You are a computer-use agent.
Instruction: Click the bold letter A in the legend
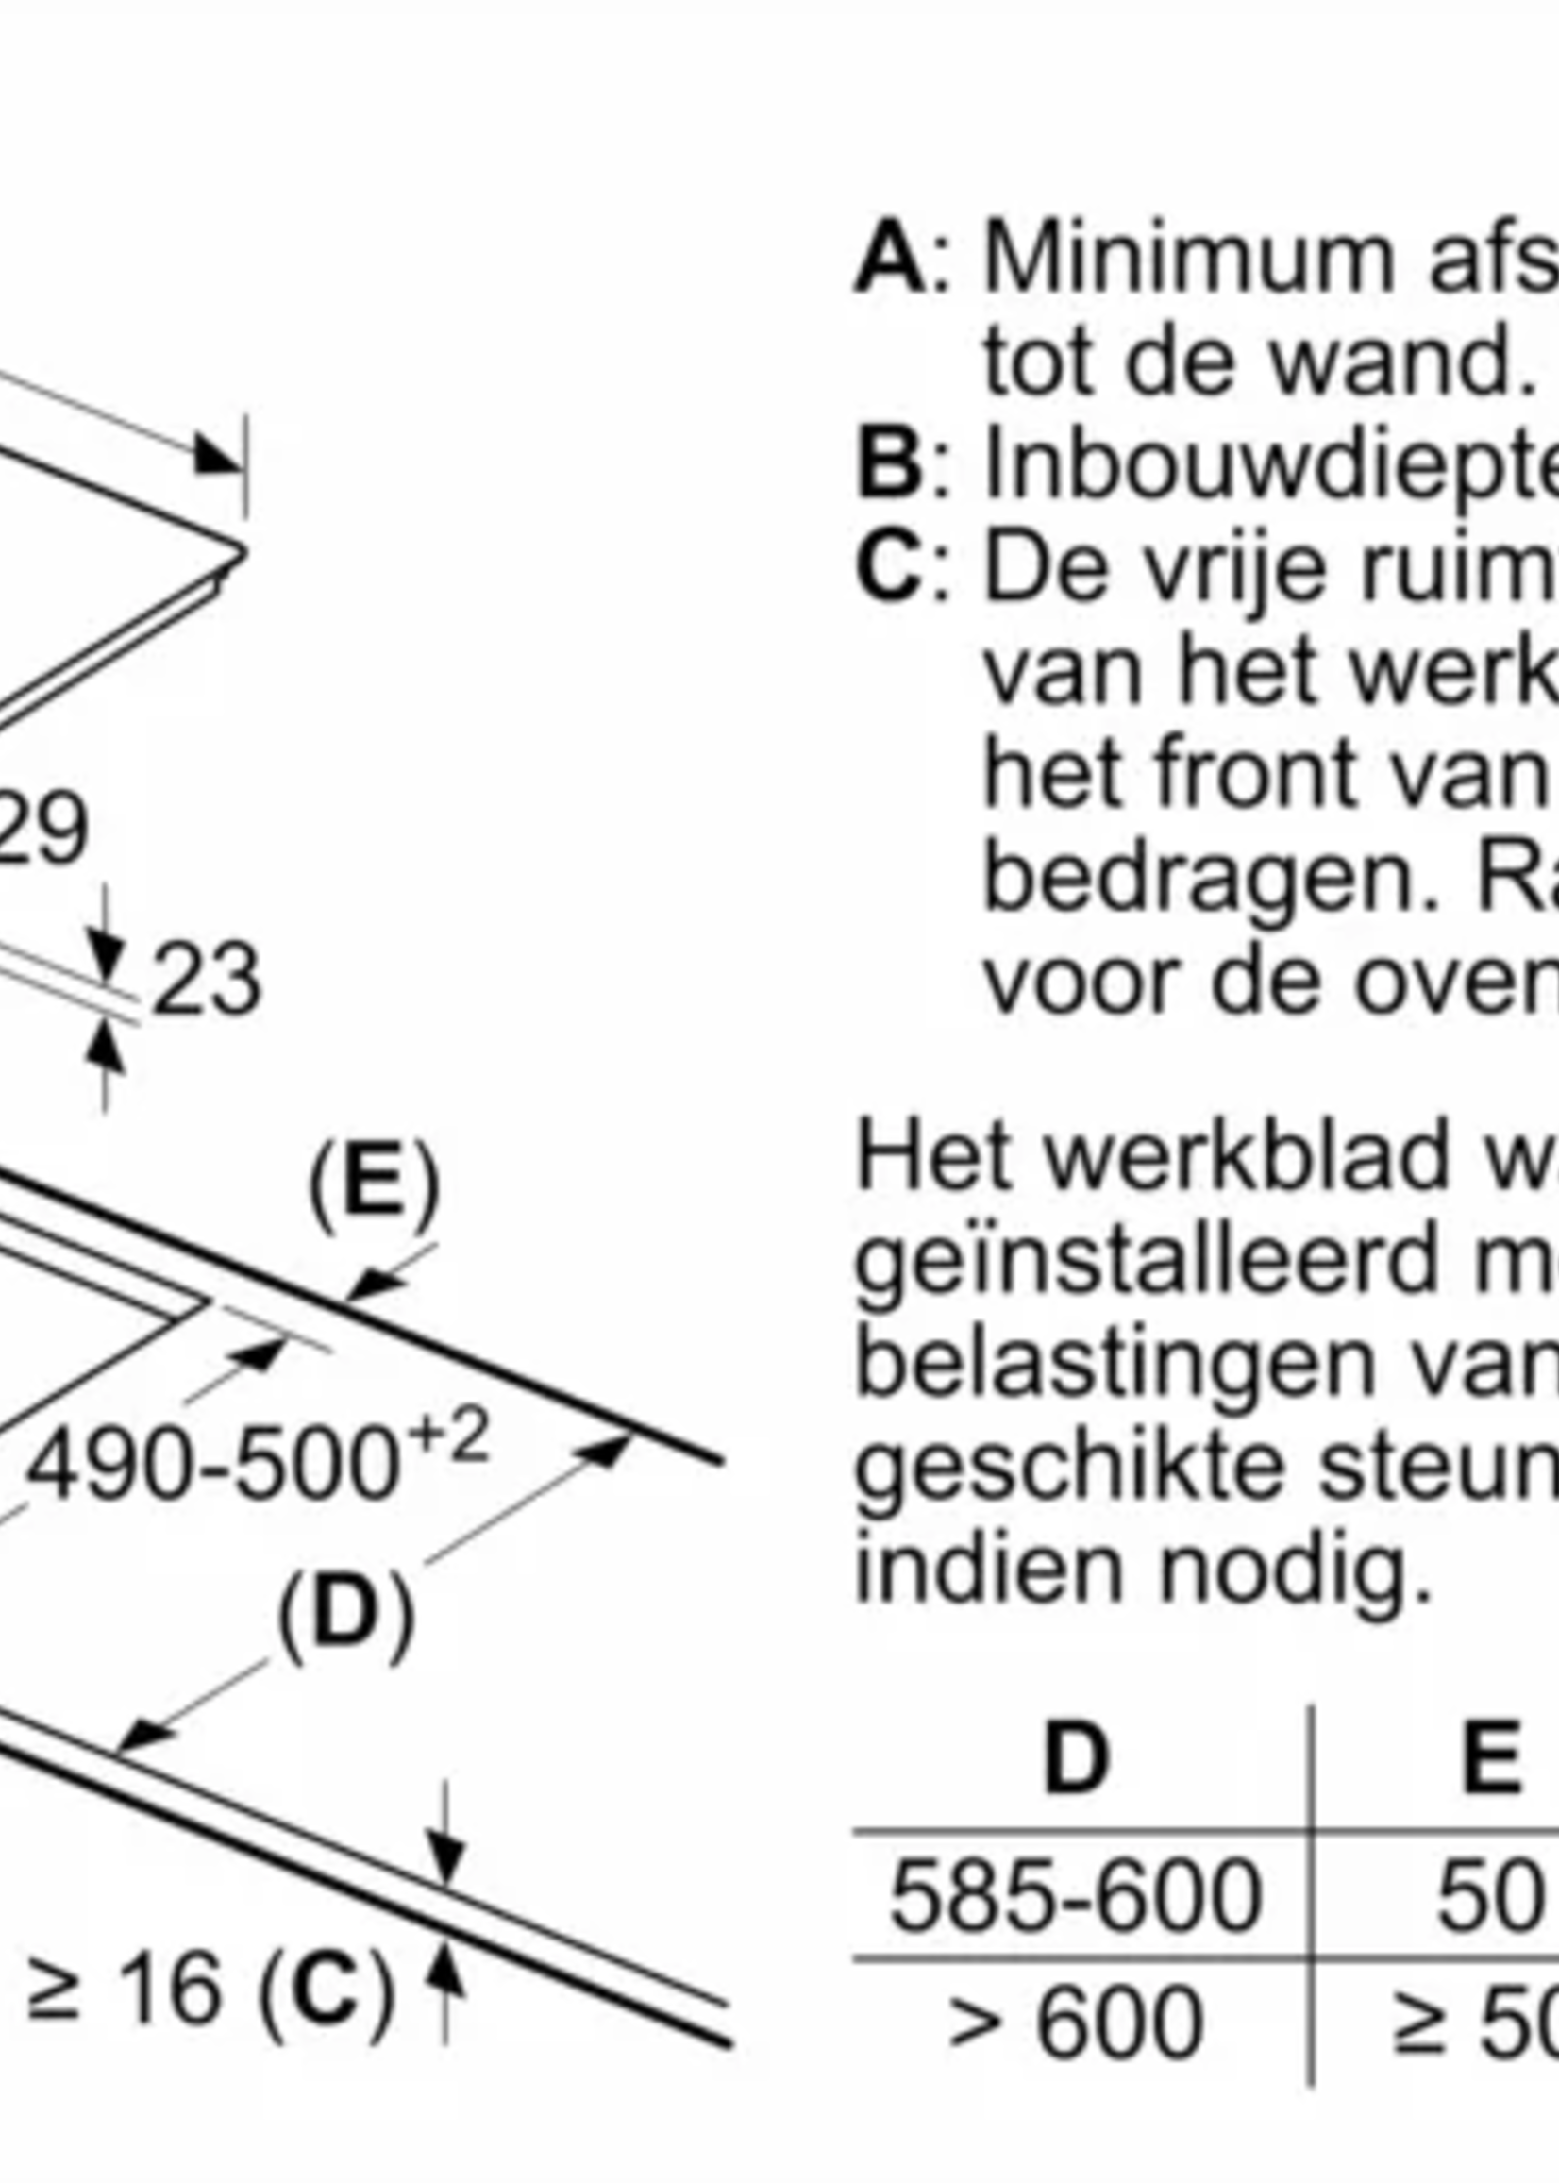(889, 260)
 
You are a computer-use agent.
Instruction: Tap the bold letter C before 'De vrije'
(889, 570)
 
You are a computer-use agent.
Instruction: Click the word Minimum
(1188, 260)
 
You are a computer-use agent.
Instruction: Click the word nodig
(1296, 1574)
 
